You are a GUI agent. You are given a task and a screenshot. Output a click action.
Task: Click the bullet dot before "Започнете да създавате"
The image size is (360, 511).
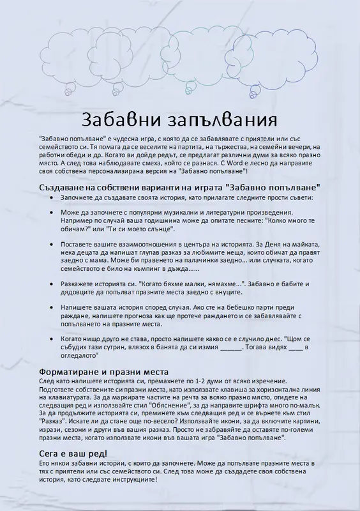tap(52, 199)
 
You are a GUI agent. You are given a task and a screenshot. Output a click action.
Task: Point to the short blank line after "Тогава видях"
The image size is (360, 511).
tap(295, 347)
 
